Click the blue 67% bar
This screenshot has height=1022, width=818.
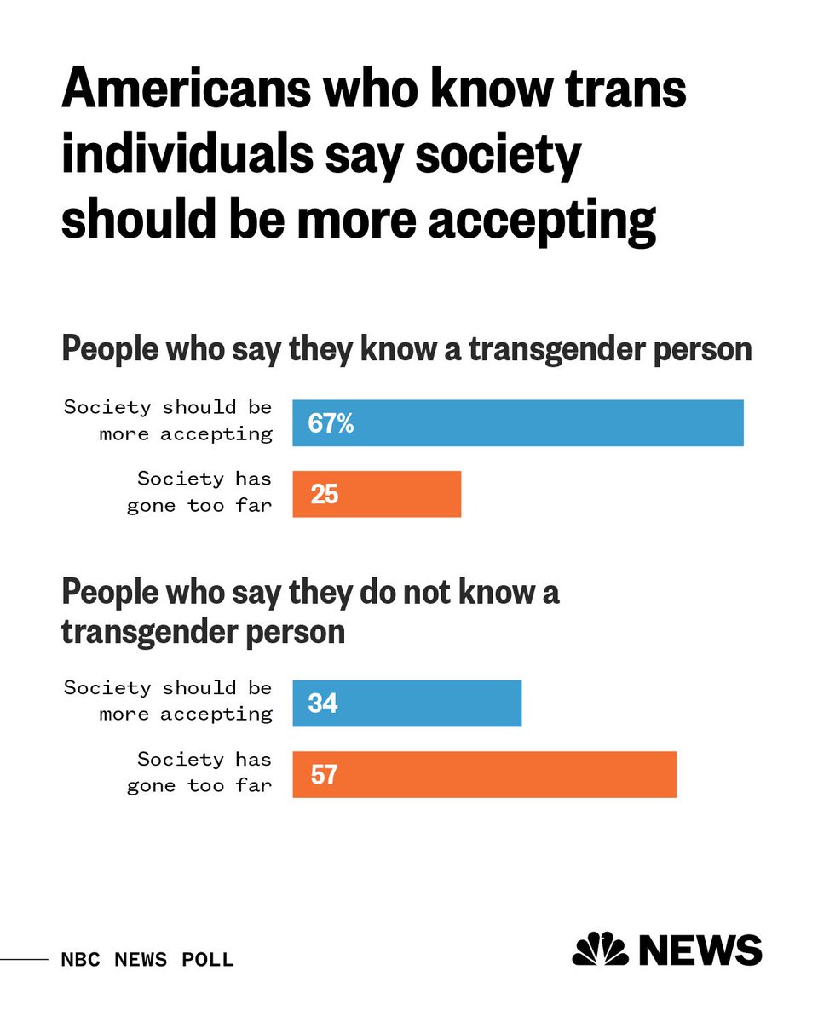coord(518,423)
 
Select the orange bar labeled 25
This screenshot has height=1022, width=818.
coord(377,494)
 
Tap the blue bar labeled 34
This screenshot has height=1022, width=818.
coord(406,703)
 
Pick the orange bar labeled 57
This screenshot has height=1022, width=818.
coord(484,774)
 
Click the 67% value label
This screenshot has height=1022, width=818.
coord(331,423)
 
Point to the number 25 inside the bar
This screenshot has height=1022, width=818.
coord(325,494)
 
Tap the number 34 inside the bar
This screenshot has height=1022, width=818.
coord(324,703)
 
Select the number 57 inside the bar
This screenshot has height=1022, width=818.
coord(324,774)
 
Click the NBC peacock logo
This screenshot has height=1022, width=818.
coord(600,949)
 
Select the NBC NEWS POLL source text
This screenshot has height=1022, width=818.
coord(147,960)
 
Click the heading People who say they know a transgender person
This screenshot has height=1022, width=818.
coord(406,350)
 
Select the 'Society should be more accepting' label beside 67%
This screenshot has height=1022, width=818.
coord(169,421)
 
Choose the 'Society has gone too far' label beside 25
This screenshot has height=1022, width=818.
coord(199,492)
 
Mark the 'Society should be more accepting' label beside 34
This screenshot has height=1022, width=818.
coord(169,701)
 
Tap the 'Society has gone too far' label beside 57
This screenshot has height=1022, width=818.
coord(199,772)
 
